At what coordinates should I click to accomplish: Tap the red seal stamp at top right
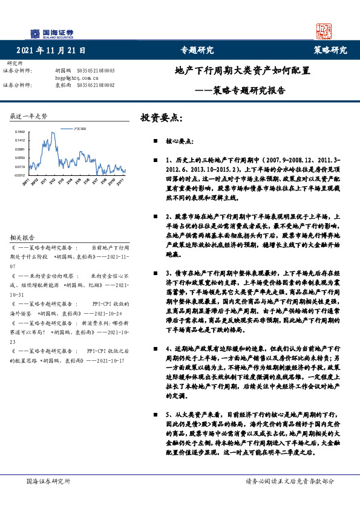tap(324, 31)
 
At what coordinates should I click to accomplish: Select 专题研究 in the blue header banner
tap(197, 50)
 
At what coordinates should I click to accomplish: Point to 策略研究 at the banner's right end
tap(330, 50)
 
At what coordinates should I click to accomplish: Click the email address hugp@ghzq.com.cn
tap(76, 78)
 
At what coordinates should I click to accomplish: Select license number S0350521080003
tap(96, 71)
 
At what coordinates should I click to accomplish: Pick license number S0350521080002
tap(96, 85)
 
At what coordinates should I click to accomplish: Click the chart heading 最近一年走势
tap(29, 115)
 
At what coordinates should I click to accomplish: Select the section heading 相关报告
tap(23, 220)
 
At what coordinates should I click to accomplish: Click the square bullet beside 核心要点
tap(155, 138)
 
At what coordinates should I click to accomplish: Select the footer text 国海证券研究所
tap(48, 481)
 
